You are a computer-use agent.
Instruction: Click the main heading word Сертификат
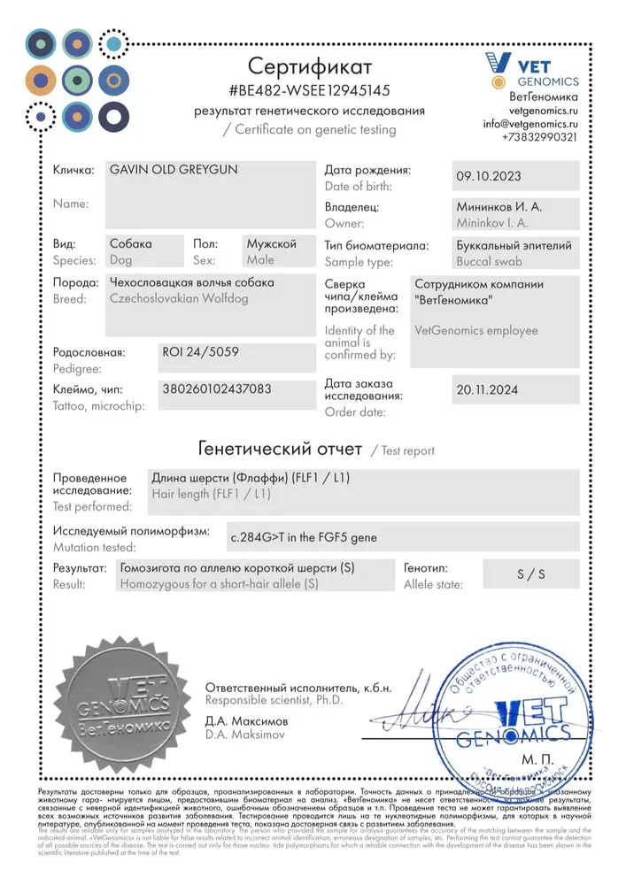[310, 66]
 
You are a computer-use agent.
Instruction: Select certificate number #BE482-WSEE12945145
[310, 90]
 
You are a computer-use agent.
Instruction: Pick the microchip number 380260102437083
[218, 389]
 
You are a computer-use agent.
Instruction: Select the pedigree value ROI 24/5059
[201, 351]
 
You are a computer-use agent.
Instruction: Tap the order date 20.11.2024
[487, 389]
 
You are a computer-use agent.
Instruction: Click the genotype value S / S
[531, 573]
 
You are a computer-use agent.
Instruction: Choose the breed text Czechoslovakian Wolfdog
[178, 299]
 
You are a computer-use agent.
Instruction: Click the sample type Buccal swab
[489, 262]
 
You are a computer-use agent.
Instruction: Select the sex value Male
[260, 260]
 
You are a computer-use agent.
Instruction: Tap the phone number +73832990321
[539, 137]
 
